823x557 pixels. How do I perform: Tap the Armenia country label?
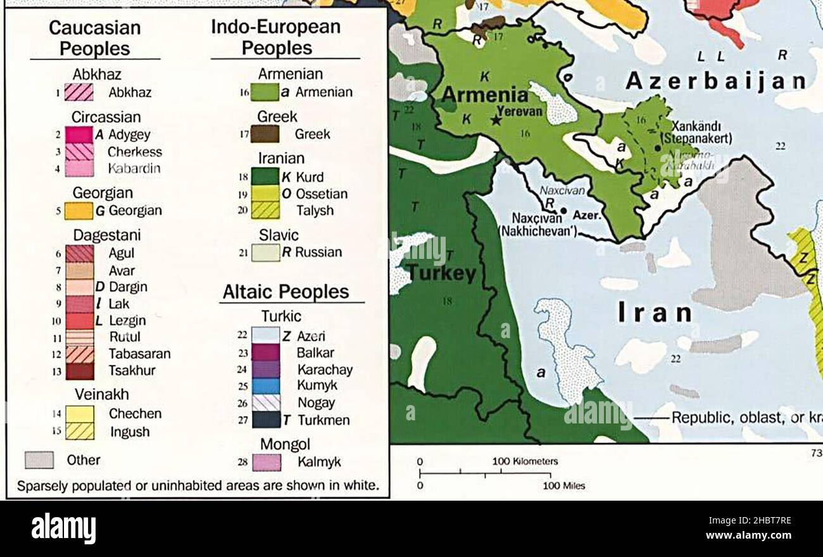(484, 96)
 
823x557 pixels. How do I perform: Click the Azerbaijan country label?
(716, 81)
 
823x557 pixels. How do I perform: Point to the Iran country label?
(655, 313)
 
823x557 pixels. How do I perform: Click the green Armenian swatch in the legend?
(265, 92)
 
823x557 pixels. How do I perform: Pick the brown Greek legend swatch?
(265, 134)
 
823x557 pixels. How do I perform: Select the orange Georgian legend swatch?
(79, 211)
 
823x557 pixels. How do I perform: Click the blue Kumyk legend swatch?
(265, 385)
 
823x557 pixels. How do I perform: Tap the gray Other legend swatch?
(39, 460)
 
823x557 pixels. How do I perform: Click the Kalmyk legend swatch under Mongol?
(266, 462)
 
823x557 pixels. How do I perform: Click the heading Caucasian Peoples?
(94, 38)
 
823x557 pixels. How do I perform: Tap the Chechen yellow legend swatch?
(80, 414)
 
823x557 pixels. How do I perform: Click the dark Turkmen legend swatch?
(265, 420)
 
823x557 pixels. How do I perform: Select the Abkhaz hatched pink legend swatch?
(79, 92)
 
